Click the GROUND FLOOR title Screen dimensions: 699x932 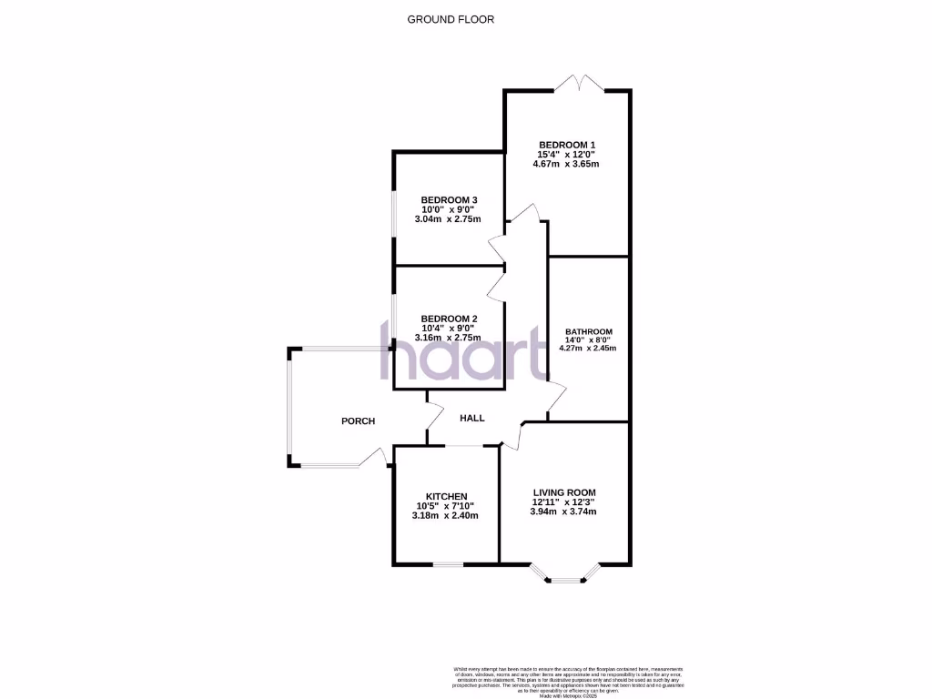point(451,19)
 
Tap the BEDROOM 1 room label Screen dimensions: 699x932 point(566,145)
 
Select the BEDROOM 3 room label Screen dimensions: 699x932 point(449,200)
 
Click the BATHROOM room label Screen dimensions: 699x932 point(588,332)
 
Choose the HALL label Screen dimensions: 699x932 point(471,418)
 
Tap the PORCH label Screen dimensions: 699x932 point(358,420)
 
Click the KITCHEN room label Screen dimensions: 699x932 point(446,496)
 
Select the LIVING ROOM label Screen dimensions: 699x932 point(564,491)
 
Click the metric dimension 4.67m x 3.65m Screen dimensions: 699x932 point(566,165)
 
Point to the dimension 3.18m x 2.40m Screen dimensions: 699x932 point(445,516)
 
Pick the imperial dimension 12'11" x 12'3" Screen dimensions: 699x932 point(564,501)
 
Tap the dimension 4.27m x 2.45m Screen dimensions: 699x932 point(588,348)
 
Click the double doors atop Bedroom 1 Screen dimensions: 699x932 point(581,84)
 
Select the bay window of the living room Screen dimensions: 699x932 point(565,573)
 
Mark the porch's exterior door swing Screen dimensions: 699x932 point(373,458)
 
